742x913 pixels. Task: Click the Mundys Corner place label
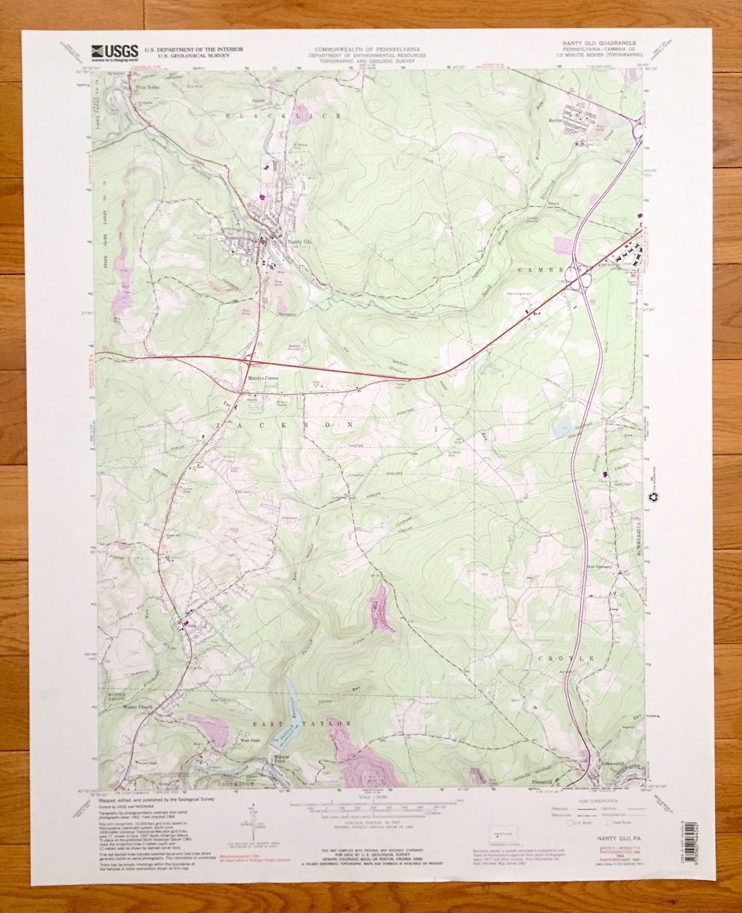click(262, 377)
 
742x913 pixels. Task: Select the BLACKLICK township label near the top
click(284, 117)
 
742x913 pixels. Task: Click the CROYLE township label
click(568, 658)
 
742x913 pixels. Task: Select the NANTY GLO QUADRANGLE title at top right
click(600, 43)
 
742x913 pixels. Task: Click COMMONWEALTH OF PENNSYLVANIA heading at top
click(367, 49)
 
